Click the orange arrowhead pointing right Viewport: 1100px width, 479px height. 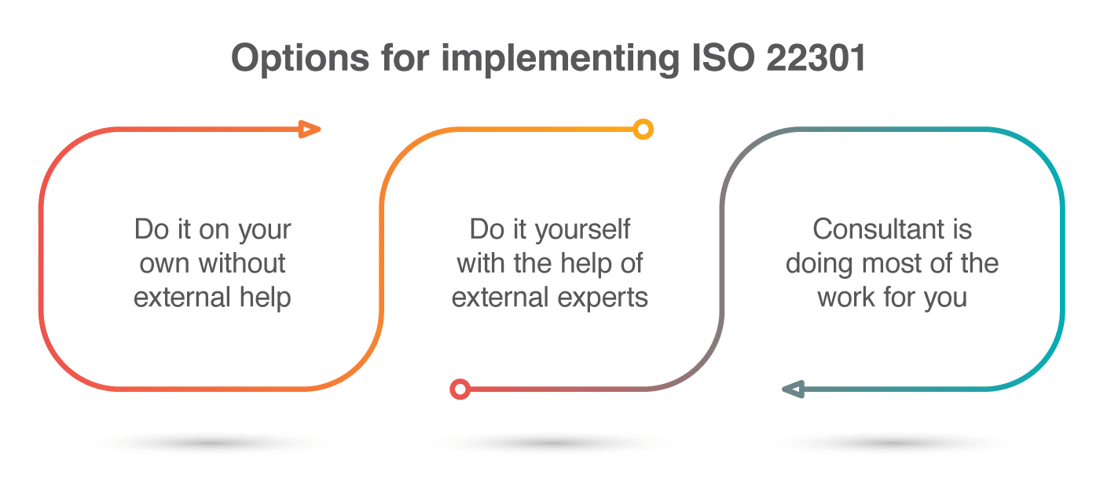click(310, 130)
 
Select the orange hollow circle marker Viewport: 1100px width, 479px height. click(643, 130)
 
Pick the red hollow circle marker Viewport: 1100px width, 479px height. click(460, 389)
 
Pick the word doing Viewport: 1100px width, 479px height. click(818, 265)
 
